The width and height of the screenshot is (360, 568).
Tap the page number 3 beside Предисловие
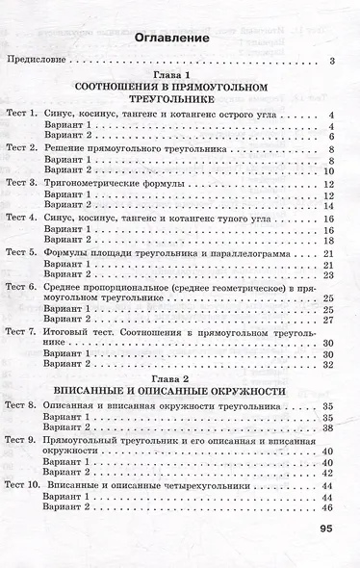click(x=330, y=63)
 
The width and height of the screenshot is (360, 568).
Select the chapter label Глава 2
click(x=172, y=378)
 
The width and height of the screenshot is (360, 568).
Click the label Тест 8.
click(x=21, y=407)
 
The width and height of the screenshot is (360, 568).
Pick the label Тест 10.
click(x=24, y=486)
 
